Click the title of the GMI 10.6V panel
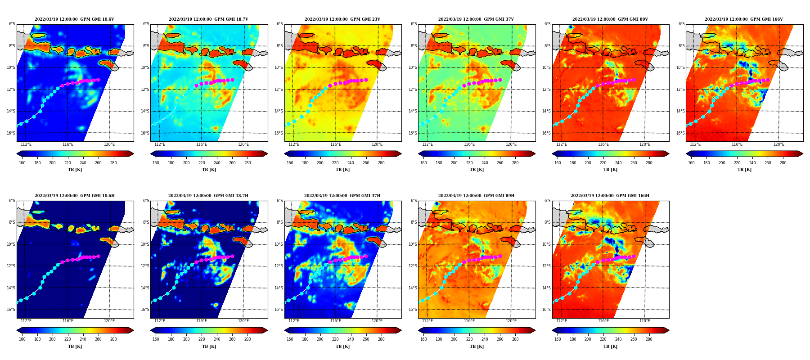74,19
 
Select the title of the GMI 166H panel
610,196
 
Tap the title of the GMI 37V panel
476,19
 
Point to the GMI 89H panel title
476,196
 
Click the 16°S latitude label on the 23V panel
279,133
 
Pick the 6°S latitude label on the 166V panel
681,24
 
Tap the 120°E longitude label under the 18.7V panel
243,144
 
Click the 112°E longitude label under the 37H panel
294,321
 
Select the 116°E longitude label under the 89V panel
603,144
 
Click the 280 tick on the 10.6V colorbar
113,163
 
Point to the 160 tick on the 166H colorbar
558,339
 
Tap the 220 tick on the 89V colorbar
603,163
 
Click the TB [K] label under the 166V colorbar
744,170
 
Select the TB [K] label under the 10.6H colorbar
75,346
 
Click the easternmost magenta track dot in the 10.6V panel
98,80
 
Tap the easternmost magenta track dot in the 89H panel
499,256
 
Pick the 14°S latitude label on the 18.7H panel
145,288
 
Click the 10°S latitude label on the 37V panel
413,67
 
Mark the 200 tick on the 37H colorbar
320,339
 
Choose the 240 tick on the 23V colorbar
351,163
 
